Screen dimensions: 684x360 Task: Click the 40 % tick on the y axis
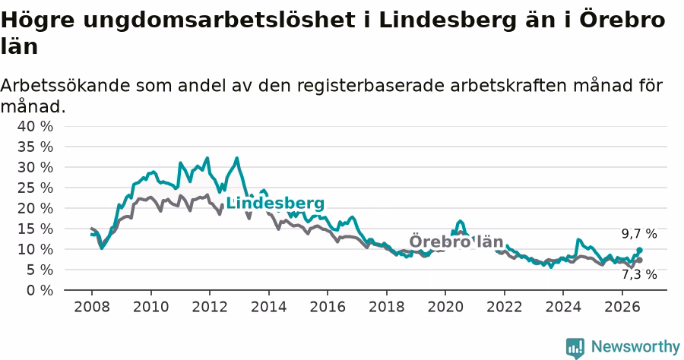coord(35,126)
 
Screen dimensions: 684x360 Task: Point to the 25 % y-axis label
coord(35,188)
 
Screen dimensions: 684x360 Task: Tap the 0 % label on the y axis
coord(40,290)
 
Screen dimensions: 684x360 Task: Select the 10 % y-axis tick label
coord(35,249)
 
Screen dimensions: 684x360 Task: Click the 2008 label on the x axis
coord(92,307)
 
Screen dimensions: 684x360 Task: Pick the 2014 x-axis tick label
coord(269,307)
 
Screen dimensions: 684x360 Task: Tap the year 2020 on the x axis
coord(445,307)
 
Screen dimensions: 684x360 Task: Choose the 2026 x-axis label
coord(622,307)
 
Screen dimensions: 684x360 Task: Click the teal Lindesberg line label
coord(275,203)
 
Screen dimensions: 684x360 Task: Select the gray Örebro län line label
coord(456,242)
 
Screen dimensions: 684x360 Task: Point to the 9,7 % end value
coord(639,234)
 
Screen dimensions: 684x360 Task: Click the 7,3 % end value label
coord(639,275)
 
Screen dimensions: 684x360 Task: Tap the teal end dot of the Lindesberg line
coord(639,250)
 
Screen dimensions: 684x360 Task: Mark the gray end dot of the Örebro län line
coord(639,261)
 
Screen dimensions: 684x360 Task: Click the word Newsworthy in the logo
coord(635,347)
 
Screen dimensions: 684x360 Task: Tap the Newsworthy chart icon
coord(575,349)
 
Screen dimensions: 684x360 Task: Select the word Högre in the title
coord(38,20)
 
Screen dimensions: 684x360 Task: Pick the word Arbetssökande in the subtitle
coord(65,85)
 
